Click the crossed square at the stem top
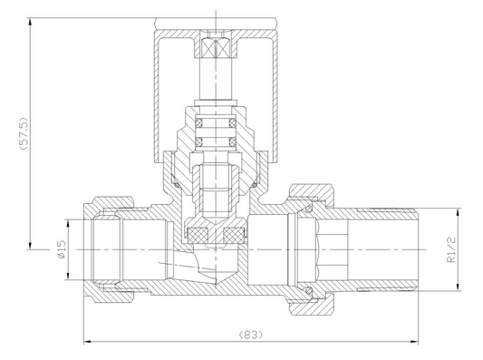point(217,48)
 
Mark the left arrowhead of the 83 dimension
point(88,342)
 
